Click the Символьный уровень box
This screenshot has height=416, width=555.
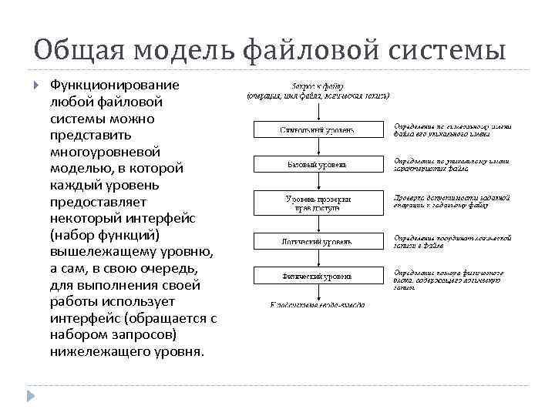318,129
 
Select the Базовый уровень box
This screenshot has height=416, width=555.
318,164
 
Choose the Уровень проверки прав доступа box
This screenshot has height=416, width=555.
318,203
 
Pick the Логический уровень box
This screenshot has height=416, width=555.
318,241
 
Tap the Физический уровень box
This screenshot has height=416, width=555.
318,275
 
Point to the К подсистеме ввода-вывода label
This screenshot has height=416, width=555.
318,304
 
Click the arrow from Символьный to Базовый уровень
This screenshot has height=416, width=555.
318,146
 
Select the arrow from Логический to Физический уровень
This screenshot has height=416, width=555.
318,258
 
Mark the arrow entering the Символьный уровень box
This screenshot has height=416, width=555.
318,111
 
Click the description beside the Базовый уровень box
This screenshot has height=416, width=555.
451,164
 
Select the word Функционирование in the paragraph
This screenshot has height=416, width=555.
114,84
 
